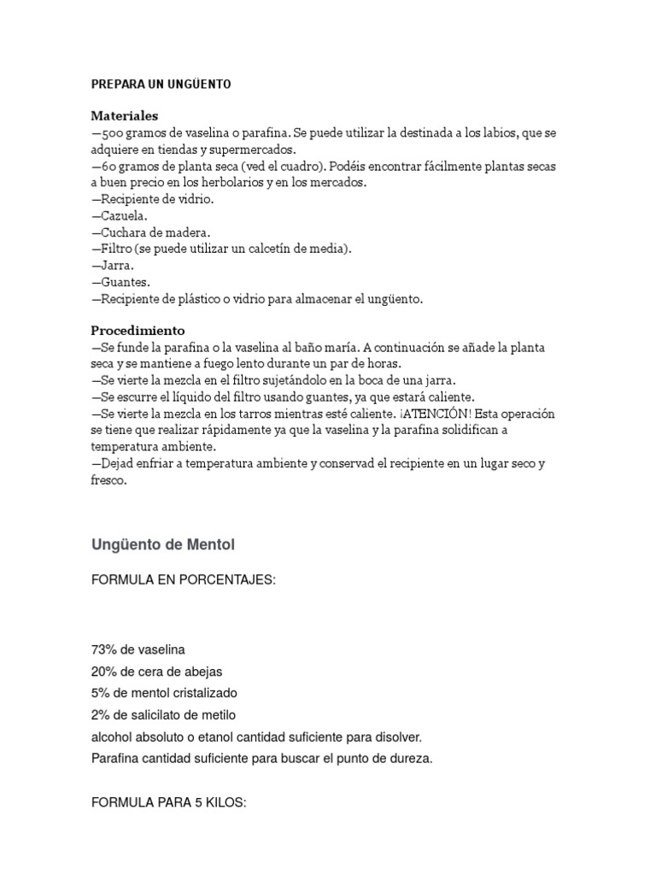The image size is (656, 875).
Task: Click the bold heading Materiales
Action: (125, 115)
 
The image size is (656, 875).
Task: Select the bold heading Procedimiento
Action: (138, 330)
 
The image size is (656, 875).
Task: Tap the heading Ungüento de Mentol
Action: (162, 544)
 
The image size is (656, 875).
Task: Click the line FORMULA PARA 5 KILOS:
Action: (168, 802)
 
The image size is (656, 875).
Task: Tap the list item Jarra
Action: (114, 266)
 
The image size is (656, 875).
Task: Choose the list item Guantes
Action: (121, 282)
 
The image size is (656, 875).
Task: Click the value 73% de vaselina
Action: (138, 649)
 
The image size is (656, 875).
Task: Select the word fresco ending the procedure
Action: (108, 480)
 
